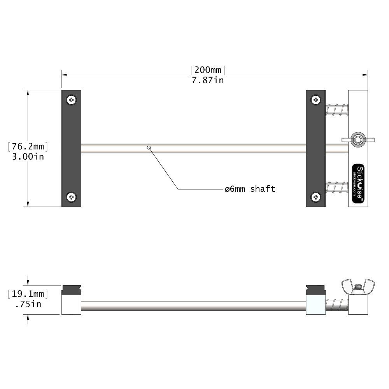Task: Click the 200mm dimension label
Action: click(208, 70)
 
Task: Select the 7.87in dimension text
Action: click(208, 81)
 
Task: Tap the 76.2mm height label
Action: click(28, 147)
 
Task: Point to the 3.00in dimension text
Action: click(28, 157)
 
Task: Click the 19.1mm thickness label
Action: click(28, 294)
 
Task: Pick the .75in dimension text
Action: click(28, 304)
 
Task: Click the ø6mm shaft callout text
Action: click(250, 189)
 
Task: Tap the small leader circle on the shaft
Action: click(149, 147)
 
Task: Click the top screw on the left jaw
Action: click(71, 100)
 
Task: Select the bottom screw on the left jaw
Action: click(71, 197)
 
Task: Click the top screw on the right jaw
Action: click(316, 100)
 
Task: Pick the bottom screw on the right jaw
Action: click(316, 197)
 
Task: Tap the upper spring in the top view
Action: click(337, 109)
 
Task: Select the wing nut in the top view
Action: click(357, 139)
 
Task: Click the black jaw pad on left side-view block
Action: click(71, 290)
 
